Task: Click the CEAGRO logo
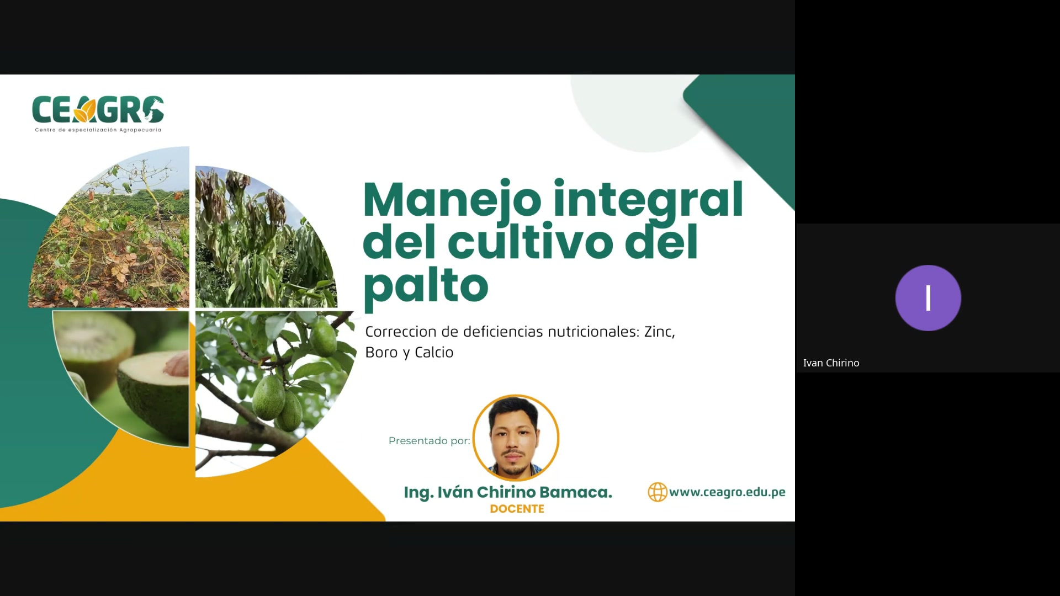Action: click(x=98, y=110)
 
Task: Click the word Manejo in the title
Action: click(x=452, y=200)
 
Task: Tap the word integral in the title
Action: click(x=648, y=200)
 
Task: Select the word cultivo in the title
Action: click(x=530, y=243)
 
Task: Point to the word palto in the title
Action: click(x=426, y=285)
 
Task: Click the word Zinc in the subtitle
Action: click(x=659, y=332)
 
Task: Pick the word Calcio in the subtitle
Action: click(x=434, y=353)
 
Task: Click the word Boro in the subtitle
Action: click(x=381, y=353)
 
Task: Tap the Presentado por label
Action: click(x=429, y=441)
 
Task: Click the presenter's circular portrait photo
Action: click(x=516, y=438)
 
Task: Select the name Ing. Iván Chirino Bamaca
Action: click(x=508, y=492)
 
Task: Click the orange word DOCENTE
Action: click(x=517, y=509)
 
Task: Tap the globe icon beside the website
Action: click(x=657, y=492)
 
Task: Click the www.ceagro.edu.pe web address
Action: click(x=727, y=492)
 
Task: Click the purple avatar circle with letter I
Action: click(x=928, y=298)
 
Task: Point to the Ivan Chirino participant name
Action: click(x=831, y=363)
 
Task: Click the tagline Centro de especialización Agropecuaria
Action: click(x=98, y=130)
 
